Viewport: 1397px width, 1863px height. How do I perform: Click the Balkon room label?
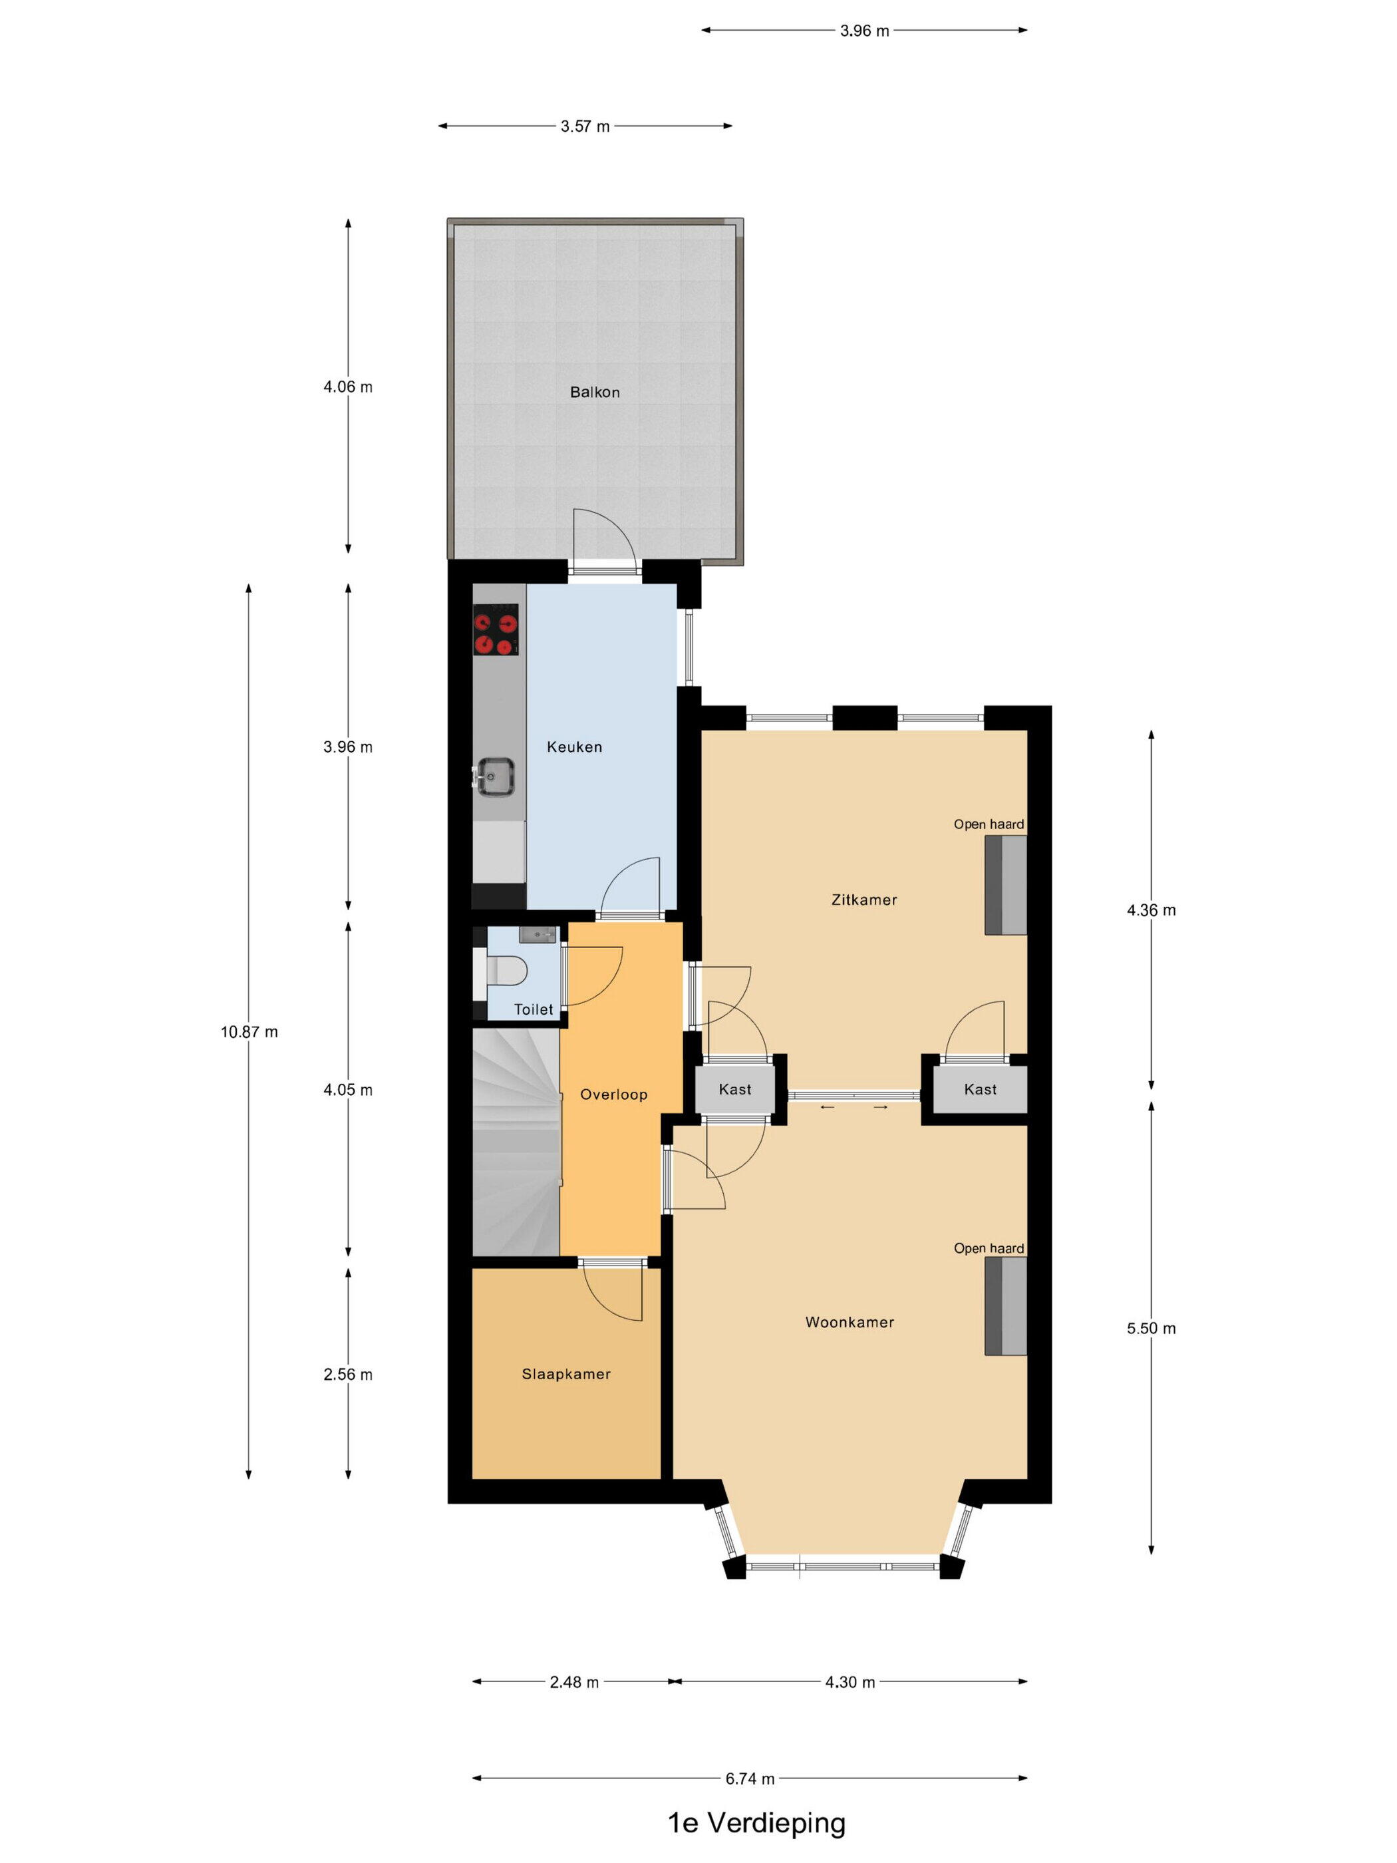595,392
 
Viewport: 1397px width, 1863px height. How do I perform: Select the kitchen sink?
494,776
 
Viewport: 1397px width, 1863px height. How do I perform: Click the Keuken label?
574,747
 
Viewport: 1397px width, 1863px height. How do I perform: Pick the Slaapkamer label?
566,1374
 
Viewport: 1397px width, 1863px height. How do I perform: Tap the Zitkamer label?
864,900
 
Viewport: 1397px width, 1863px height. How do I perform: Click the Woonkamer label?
850,1322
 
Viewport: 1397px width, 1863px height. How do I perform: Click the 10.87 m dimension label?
249,1032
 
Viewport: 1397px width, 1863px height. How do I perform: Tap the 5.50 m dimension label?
1151,1328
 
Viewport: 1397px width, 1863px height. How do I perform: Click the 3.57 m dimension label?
585,126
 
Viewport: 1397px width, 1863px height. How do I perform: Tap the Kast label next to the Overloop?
735,1089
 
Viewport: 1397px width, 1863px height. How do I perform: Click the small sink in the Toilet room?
538,934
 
